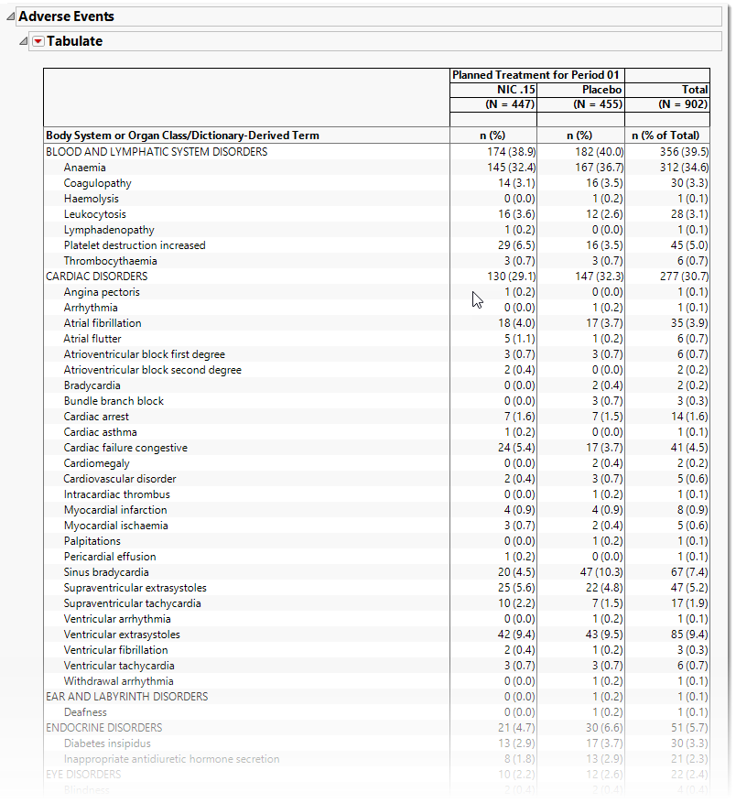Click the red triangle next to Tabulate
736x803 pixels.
click(x=38, y=41)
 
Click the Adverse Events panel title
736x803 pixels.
click(x=67, y=16)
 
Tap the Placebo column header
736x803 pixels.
click(x=601, y=90)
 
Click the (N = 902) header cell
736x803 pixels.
click(x=679, y=104)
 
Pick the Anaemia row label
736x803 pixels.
click(x=84, y=168)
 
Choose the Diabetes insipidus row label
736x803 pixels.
click(x=107, y=743)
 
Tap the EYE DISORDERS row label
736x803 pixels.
click(x=83, y=775)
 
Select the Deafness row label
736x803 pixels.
click(x=85, y=712)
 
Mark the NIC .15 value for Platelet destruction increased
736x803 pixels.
click(x=514, y=245)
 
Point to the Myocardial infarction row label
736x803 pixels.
click(x=115, y=510)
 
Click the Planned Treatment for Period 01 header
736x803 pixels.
click(x=536, y=75)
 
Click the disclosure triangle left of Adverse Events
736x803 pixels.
click(x=9, y=16)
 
